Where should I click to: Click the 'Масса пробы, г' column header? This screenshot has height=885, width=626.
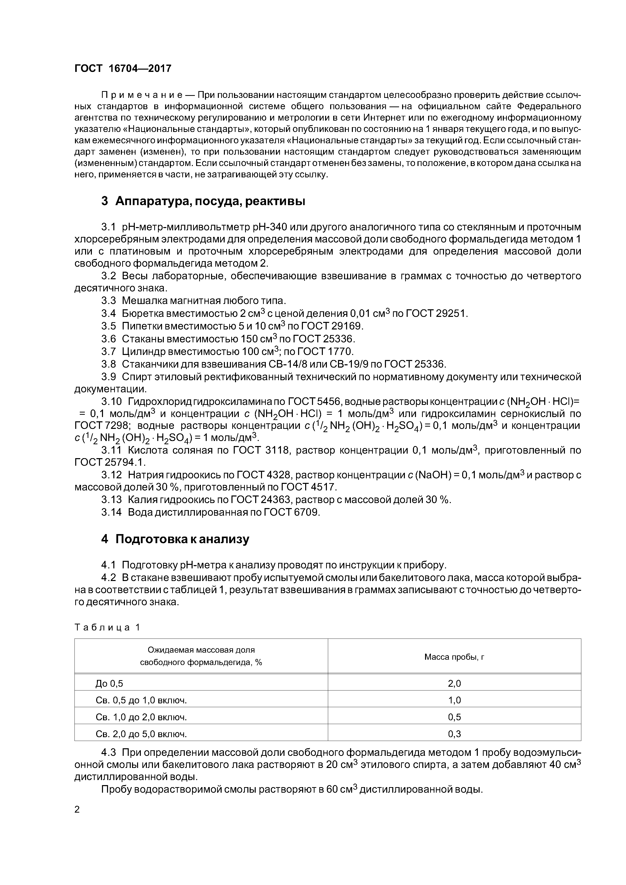(454, 657)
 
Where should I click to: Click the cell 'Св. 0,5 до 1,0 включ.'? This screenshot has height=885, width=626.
(141, 700)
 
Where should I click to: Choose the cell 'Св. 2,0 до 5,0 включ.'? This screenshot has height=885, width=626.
(141, 734)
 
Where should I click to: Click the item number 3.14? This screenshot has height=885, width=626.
(112, 512)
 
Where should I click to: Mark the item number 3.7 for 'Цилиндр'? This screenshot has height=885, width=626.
(108, 351)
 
